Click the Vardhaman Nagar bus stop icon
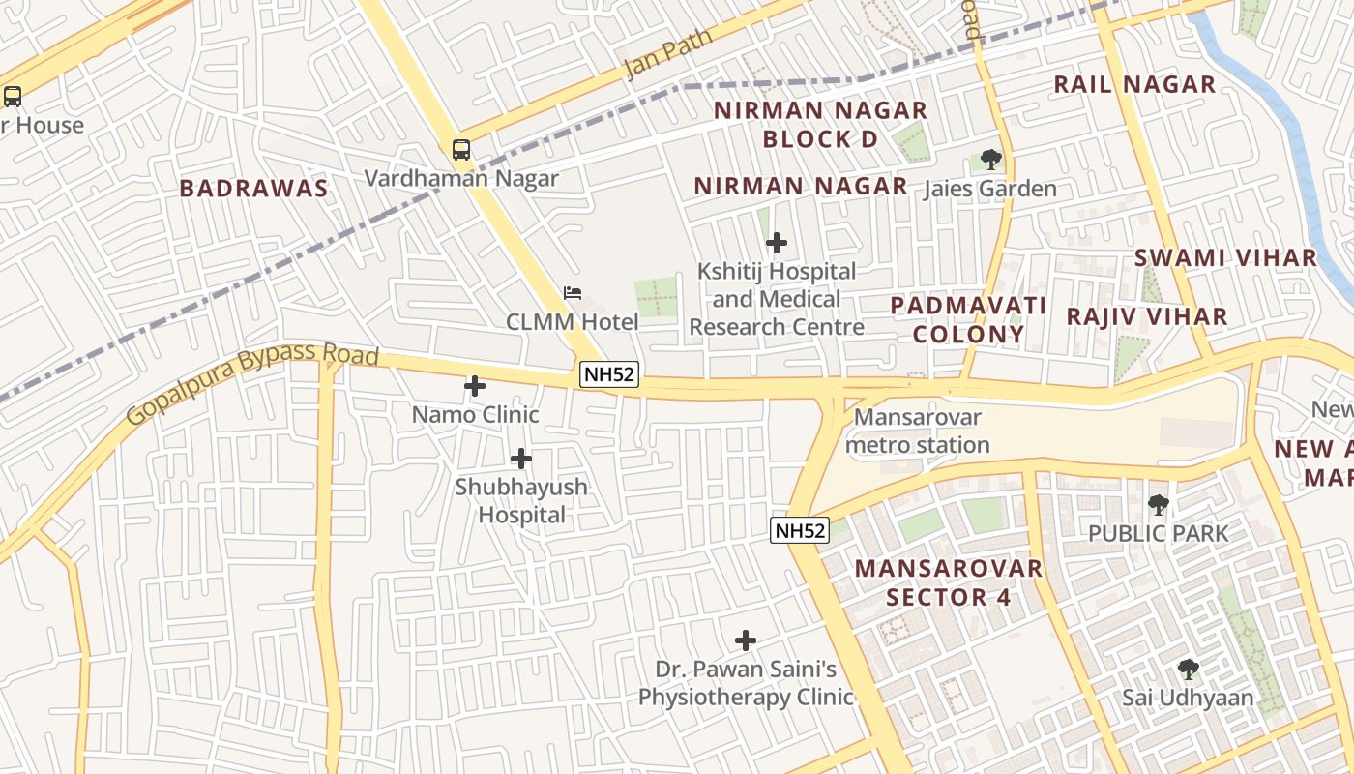click(461, 150)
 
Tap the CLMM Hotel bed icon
click(573, 292)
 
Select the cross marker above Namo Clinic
click(475, 386)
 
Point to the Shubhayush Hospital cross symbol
click(521, 458)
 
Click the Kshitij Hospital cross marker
click(776, 243)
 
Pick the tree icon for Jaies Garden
click(990, 160)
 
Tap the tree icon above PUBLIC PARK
click(1158, 504)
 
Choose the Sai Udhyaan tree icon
click(1188, 669)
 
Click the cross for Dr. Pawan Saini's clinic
click(745, 640)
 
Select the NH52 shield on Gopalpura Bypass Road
click(610, 374)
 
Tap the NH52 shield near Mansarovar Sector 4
click(800, 530)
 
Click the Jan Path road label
click(667, 54)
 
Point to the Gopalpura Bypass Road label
click(251, 381)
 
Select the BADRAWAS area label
click(254, 189)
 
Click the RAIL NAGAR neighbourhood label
click(1134, 85)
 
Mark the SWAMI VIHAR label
click(1225, 258)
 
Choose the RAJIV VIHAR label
click(1147, 316)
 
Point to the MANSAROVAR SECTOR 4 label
click(949, 582)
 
